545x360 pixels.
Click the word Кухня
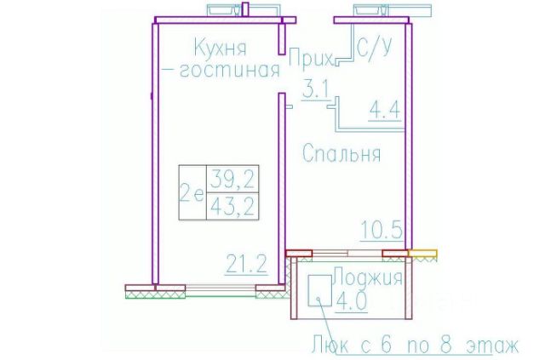point(221,48)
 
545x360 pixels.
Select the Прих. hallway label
point(311,58)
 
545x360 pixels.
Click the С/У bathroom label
point(375,48)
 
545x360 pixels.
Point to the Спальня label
point(341,153)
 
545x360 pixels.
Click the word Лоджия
point(368,277)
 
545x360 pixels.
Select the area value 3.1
point(316,90)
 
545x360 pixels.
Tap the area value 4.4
point(385,110)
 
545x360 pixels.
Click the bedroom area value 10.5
point(381,230)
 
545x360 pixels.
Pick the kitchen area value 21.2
point(246,265)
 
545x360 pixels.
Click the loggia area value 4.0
point(351,300)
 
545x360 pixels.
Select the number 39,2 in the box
point(232,179)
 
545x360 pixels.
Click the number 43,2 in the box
point(232,207)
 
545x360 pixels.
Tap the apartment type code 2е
point(192,194)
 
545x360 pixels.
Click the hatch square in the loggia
point(319,290)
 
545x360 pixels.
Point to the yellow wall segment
point(422,253)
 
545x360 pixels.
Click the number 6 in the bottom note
point(386,345)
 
